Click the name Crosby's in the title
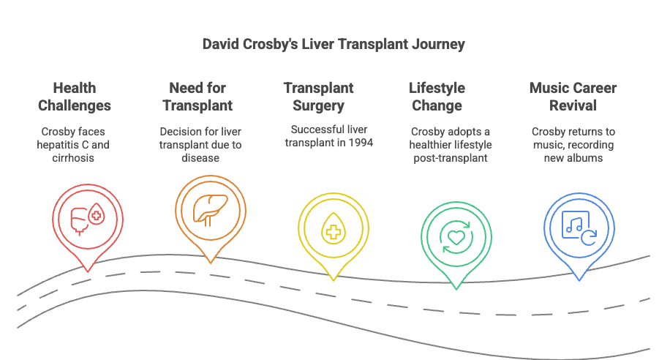coord(279,45)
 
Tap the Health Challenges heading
coord(75,97)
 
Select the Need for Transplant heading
coord(197,97)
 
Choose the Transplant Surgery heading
coord(319,97)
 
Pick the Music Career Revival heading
coord(573,97)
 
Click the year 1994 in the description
coord(359,143)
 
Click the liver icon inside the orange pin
coord(211,209)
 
